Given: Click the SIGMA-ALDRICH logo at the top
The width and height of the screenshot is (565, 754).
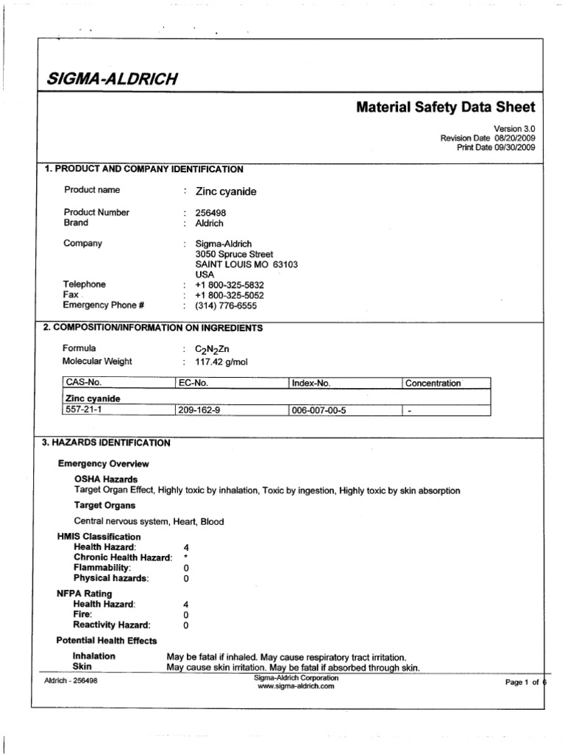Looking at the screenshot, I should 113,79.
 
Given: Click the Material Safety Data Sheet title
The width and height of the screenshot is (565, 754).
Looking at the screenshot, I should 446,108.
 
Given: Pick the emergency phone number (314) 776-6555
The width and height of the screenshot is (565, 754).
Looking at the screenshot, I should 227,306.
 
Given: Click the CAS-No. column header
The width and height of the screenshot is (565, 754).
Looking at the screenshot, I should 83,384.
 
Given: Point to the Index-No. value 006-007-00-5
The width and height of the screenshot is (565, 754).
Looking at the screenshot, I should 318,411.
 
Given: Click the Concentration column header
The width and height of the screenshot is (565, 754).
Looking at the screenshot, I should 433,384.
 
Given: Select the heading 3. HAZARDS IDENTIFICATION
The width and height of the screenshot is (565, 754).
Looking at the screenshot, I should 107,443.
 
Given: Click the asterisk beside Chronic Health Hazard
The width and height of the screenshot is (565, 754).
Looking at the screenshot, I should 186,557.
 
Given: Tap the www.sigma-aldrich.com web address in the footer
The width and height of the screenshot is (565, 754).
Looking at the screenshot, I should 296,686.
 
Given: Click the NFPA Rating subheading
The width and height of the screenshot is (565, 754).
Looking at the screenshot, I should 85,593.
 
